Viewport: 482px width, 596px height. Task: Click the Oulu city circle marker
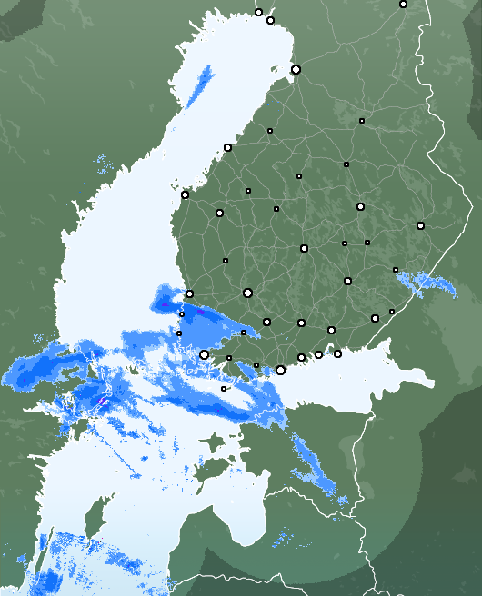click(x=296, y=69)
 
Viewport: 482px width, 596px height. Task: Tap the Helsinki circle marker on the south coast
click(x=280, y=370)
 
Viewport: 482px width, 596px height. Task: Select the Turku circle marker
click(x=205, y=354)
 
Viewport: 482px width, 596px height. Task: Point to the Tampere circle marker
click(x=247, y=293)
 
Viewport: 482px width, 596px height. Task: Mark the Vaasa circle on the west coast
click(x=185, y=194)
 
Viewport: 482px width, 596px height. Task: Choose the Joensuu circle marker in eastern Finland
click(x=420, y=225)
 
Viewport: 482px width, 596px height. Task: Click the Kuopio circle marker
click(x=360, y=206)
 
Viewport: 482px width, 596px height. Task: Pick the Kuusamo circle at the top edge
click(x=403, y=4)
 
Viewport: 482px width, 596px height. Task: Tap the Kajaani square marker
click(x=361, y=121)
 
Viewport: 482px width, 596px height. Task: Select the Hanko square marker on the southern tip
click(x=224, y=389)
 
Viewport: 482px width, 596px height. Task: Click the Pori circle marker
click(x=189, y=293)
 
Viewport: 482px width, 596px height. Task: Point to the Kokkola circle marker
click(x=227, y=147)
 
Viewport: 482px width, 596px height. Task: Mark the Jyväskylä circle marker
click(x=304, y=248)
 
